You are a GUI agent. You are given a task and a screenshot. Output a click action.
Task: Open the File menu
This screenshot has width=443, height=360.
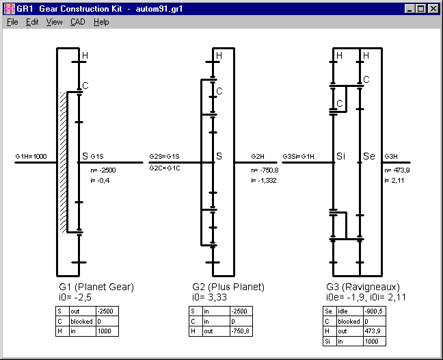[x=12, y=22]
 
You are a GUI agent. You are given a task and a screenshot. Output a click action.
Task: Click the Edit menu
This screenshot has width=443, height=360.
[x=32, y=22]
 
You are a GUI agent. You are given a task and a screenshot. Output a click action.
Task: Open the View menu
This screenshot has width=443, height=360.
[x=54, y=22]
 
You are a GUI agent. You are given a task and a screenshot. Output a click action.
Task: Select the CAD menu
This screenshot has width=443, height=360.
[x=77, y=22]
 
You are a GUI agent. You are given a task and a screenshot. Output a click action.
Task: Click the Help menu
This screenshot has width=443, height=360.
[x=101, y=22]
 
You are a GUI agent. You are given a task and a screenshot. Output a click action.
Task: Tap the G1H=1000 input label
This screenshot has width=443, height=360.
[x=31, y=157]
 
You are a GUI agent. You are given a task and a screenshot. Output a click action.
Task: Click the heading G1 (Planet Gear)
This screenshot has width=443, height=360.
[x=96, y=287]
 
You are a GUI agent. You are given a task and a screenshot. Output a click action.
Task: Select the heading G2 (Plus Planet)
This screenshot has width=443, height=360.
[x=228, y=287]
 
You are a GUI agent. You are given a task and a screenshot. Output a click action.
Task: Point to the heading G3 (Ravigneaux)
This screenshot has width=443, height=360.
[x=362, y=287]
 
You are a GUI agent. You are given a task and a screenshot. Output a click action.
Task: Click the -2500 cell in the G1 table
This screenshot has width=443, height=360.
[x=107, y=311]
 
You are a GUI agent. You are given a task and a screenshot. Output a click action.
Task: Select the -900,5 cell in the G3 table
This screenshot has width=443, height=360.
[x=376, y=311]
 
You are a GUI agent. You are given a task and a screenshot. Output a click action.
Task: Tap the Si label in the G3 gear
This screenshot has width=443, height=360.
[x=343, y=157]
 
